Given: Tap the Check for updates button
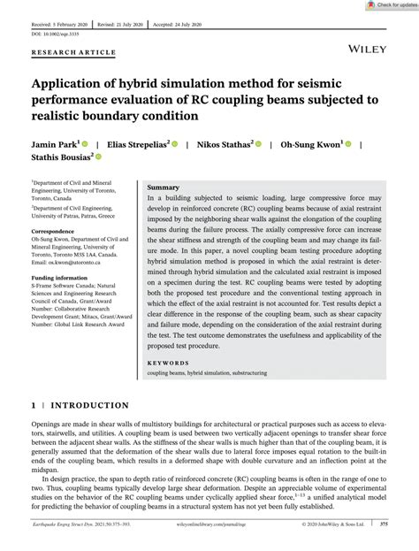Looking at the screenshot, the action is tap(390, 5).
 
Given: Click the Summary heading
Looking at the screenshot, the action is tap(163, 188).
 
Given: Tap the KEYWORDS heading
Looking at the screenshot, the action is tap(167, 363).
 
